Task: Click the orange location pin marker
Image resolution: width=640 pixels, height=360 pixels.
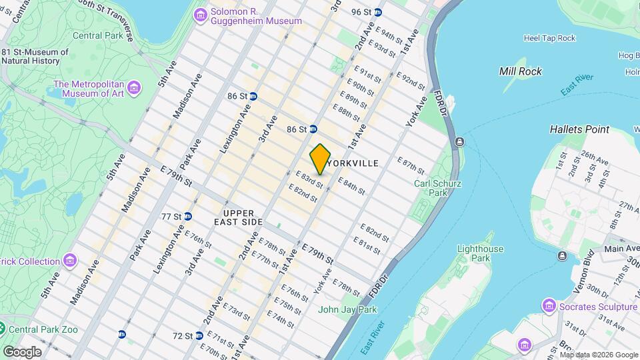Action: pyautogui.click(x=320, y=159)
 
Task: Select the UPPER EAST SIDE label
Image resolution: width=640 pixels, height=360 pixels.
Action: pyautogui.click(x=238, y=217)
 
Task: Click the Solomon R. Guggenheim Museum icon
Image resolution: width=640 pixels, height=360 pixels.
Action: pyautogui.click(x=199, y=15)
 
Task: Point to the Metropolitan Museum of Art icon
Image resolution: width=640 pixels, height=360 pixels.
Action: pyautogui.click(x=135, y=88)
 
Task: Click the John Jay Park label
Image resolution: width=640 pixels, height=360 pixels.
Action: pyautogui.click(x=347, y=309)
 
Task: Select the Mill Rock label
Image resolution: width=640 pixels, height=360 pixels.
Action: pyautogui.click(x=521, y=71)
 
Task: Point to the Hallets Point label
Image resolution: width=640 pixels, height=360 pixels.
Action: pyautogui.click(x=579, y=129)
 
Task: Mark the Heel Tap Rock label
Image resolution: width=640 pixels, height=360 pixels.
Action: pyautogui.click(x=549, y=38)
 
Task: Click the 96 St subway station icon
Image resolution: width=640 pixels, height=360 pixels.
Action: pyautogui.click(x=378, y=12)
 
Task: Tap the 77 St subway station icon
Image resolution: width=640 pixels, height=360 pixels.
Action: pyautogui.click(x=188, y=216)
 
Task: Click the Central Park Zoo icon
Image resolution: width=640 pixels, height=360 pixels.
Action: pyautogui.click(x=3, y=329)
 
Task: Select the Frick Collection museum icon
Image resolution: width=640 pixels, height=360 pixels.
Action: pyautogui.click(x=71, y=261)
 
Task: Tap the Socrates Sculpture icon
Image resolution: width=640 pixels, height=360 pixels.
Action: pyautogui.click(x=549, y=306)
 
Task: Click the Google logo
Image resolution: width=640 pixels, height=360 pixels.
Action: pyautogui.click(x=22, y=351)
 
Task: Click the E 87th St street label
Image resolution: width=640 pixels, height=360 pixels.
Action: pyautogui.click(x=411, y=165)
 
